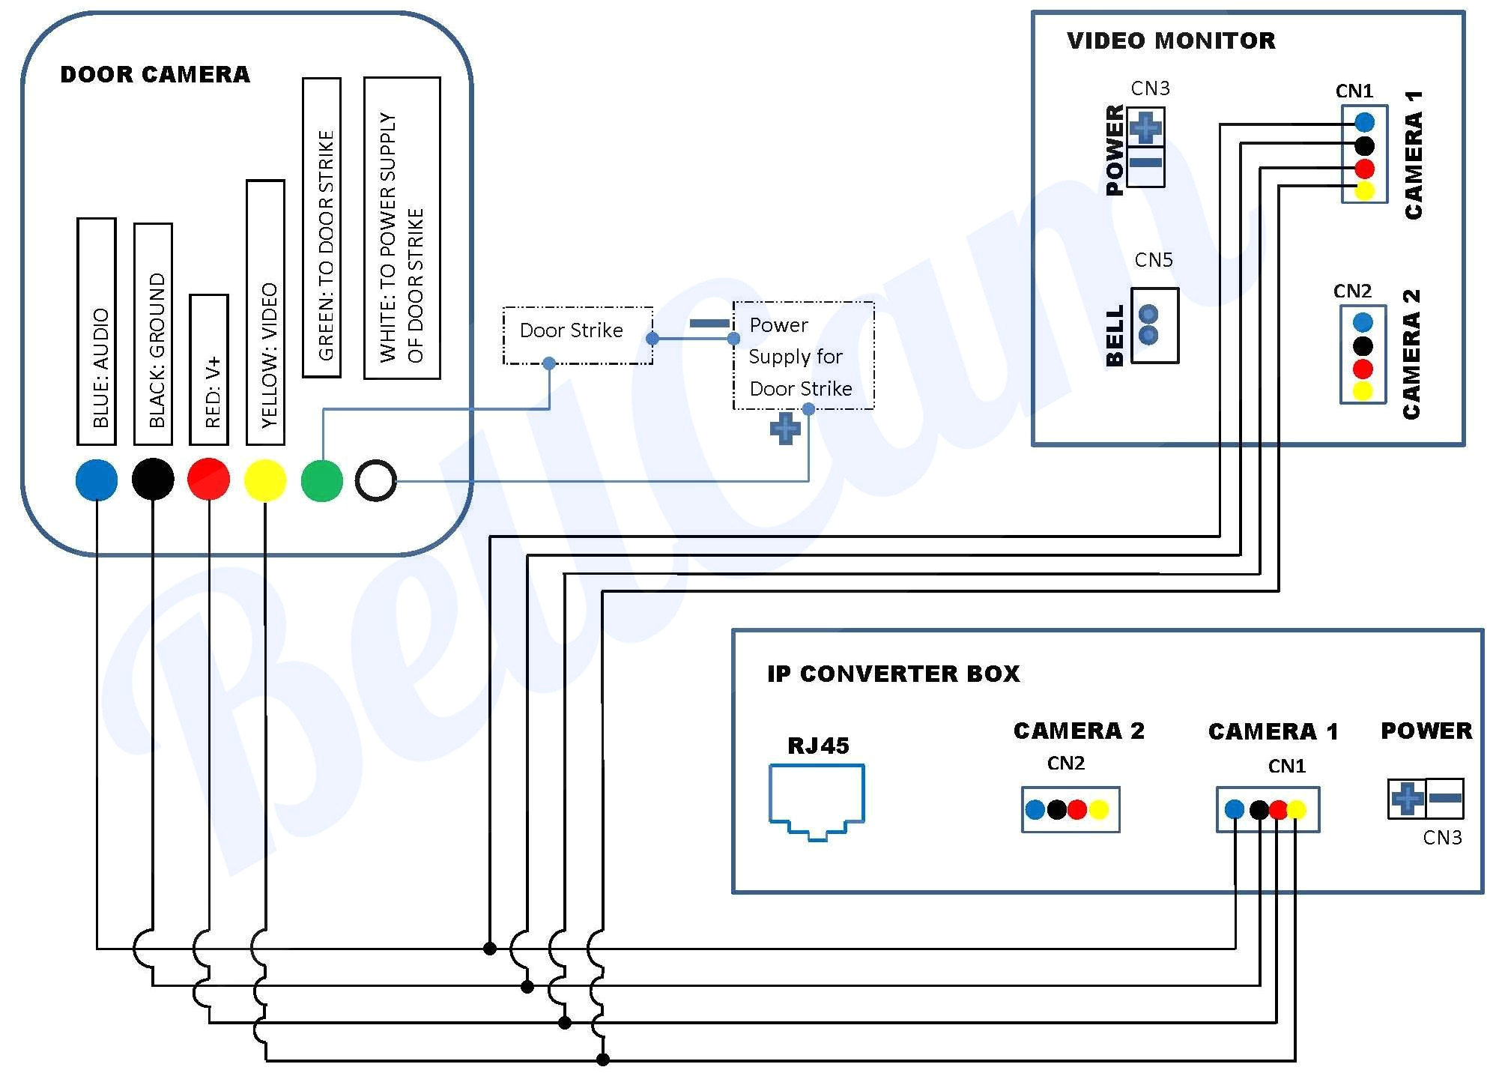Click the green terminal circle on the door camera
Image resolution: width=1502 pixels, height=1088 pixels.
(322, 480)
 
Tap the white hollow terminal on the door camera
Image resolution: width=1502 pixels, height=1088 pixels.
(375, 480)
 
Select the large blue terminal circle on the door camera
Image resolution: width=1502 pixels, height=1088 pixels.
(97, 480)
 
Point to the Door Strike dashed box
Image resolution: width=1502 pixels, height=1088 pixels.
(578, 335)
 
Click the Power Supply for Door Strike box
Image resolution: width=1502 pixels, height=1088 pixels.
(803, 356)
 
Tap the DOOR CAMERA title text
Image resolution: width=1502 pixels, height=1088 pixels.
(155, 74)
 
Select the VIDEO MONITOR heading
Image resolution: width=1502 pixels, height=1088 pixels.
(1171, 40)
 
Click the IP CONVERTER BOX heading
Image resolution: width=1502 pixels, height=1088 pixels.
(893, 674)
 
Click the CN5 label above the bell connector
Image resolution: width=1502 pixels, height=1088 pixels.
(1154, 260)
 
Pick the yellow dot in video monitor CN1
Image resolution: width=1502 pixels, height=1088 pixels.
(1364, 191)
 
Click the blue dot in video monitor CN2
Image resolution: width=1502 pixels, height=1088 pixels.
(1363, 323)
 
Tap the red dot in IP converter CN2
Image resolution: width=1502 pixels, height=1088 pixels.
(1077, 809)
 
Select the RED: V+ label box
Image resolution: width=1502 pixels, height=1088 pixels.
(209, 370)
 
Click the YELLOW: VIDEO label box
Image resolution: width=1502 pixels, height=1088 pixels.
(265, 312)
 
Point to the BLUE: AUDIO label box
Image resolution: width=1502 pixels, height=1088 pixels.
(97, 331)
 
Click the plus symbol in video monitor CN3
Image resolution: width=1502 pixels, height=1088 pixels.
(1145, 128)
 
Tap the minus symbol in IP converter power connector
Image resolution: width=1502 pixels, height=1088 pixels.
(1445, 798)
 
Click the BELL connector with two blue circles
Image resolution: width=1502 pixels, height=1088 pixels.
(1154, 325)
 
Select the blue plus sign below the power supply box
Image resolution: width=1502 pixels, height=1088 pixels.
(785, 429)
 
